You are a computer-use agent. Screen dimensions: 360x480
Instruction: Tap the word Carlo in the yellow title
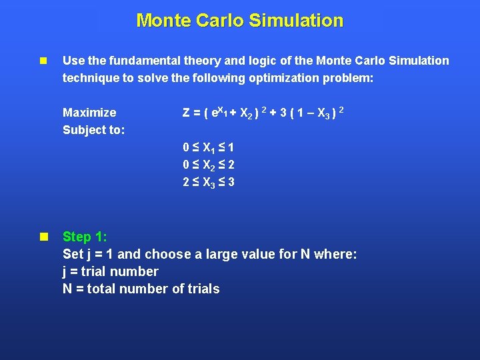click(219, 21)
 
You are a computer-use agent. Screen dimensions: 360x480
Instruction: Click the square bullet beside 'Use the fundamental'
click(43, 61)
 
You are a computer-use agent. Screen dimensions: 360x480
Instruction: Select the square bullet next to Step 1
click(43, 237)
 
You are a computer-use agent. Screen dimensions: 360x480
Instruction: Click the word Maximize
click(89, 112)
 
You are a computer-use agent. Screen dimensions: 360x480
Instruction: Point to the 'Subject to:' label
click(93, 130)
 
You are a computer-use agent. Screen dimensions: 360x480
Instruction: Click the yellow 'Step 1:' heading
click(85, 237)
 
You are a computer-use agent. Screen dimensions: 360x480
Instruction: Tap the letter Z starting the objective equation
click(187, 112)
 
